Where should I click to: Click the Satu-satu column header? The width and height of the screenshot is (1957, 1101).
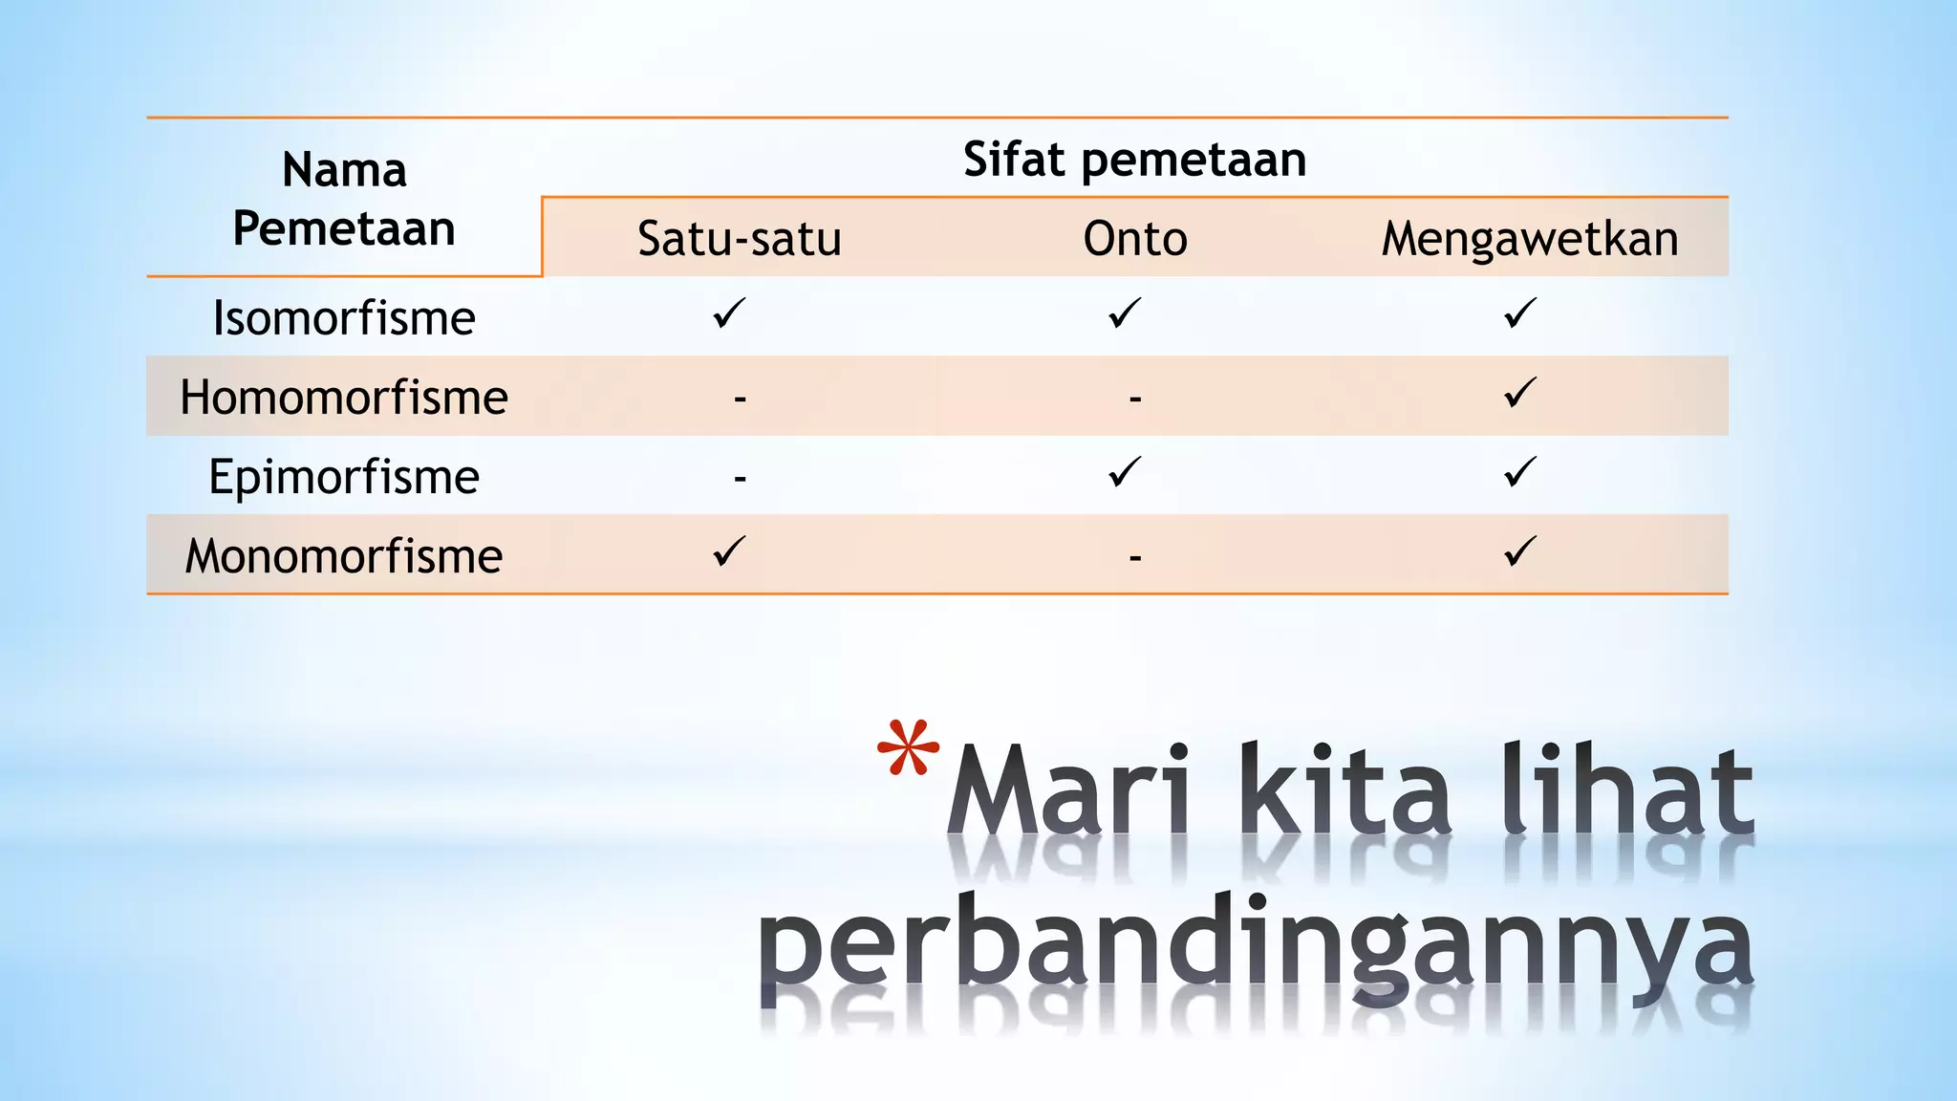click(x=739, y=239)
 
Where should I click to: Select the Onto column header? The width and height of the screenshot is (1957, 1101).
click(x=1134, y=239)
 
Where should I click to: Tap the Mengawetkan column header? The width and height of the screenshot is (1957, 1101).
click(x=1529, y=239)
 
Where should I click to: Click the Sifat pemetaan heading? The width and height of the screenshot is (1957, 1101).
click(x=1134, y=160)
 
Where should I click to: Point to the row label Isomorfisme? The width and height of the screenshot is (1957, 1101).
click(x=344, y=318)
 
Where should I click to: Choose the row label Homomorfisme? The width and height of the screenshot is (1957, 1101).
click(x=344, y=398)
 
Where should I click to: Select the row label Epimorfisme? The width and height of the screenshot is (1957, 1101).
click(x=344, y=477)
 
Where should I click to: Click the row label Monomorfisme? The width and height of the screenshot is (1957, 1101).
click(x=344, y=556)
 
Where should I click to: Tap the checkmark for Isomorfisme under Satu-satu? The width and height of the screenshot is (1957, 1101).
click(x=729, y=313)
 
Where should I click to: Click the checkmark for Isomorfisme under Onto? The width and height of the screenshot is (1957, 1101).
click(x=1125, y=313)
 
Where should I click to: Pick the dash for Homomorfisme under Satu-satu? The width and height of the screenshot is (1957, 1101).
click(x=740, y=398)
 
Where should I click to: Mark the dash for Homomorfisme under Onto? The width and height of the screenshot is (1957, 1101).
click(x=1135, y=398)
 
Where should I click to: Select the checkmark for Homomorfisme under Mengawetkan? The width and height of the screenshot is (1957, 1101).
click(x=1519, y=393)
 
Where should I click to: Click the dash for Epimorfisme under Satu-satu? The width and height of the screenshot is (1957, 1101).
click(x=740, y=477)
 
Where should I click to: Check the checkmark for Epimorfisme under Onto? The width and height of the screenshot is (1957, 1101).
click(x=1125, y=472)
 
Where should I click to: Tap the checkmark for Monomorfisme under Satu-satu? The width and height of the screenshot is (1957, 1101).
click(x=729, y=551)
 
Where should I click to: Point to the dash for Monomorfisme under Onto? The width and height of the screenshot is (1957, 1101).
click(x=1135, y=556)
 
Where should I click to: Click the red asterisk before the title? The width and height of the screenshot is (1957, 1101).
click(x=908, y=748)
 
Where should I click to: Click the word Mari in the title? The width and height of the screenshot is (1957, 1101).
click(x=1070, y=790)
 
